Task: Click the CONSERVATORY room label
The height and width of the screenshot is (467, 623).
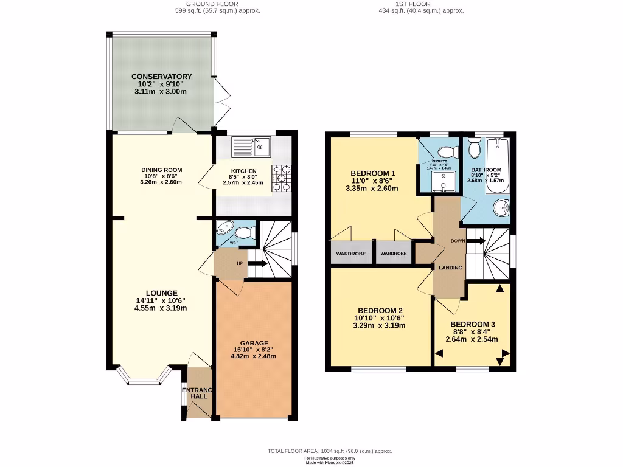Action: [x=162, y=77]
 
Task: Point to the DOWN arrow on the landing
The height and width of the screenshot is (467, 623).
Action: [x=476, y=241]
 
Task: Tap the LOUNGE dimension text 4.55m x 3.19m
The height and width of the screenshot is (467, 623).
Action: [x=161, y=308]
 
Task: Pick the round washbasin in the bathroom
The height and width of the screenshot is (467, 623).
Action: [x=502, y=209]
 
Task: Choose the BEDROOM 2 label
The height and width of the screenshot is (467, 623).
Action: [x=380, y=309]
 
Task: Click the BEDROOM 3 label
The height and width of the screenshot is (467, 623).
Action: [x=473, y=324]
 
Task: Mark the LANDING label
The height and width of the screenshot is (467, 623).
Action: [x=450, y=268]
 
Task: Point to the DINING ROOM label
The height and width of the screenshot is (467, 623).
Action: [x=161, y=170]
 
